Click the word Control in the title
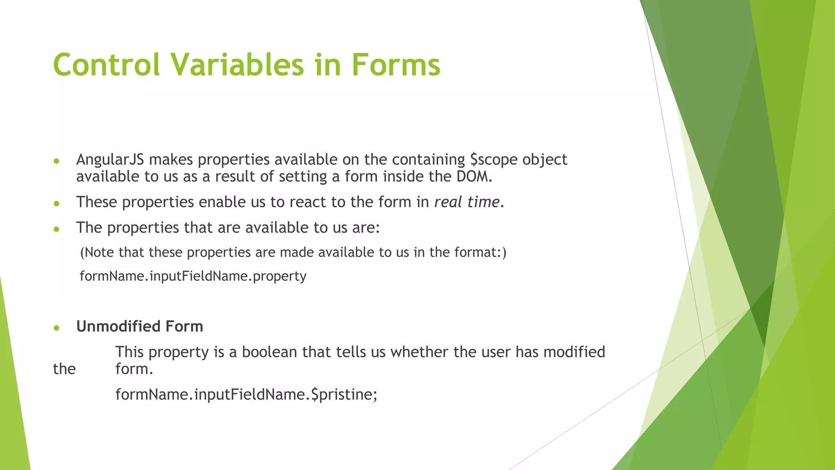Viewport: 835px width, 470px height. click(106, 65)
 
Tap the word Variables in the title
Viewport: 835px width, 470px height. click(237, 65)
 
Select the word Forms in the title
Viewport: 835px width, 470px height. click(395, 65)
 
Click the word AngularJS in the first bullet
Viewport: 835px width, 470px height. click(110, 160)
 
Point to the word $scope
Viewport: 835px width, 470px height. click(493, 160)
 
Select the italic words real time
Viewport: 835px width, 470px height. click(467, 202)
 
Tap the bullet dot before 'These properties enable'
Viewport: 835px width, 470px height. click(57, 203)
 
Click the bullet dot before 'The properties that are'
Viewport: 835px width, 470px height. click(57, 229)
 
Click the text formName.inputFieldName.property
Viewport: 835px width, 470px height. click(193, 276)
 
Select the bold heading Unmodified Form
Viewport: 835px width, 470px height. click(139, 326)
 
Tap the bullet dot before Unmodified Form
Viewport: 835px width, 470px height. click(57, 328)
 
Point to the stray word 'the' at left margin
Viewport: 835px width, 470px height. click(64, 369)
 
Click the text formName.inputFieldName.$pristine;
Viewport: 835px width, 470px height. click(246, 395)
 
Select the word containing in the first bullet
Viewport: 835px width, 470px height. click(428, 160)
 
